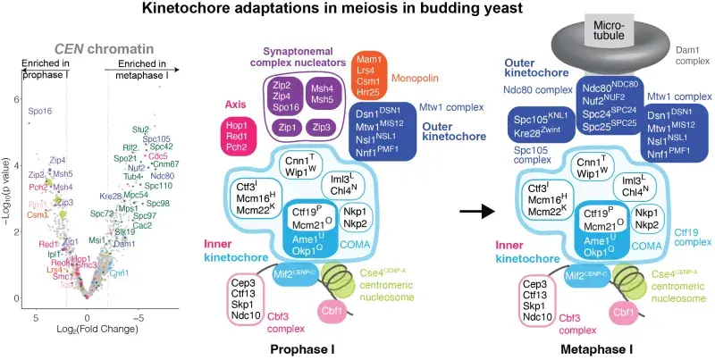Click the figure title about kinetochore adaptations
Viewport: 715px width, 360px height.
pyautogui.click(x=357, y=12)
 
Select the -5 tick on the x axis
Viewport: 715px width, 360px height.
pyautogui.click(x=138, y=317)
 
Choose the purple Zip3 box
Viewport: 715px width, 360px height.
pyautogui.click(x=327, y=129)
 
